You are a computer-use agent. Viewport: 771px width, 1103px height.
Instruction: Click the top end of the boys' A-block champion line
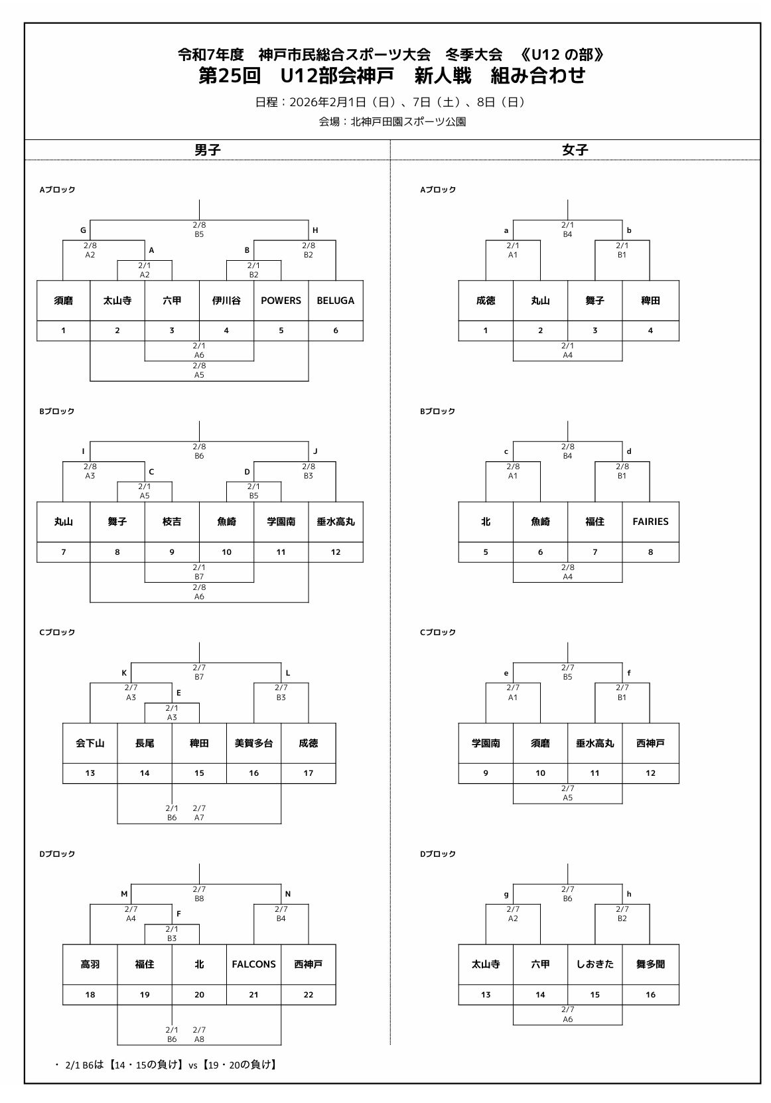point(199,200)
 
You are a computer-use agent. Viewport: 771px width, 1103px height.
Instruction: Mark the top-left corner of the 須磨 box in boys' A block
point(37,281)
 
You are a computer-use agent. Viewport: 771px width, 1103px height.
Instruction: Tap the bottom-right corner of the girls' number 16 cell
point(679,1005)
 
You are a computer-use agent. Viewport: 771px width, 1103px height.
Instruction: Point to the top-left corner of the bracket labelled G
point(90,220)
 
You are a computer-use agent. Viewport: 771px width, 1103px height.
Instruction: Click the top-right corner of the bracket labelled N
point(309,905)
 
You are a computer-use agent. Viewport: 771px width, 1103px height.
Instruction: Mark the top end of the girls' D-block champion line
point(568,863)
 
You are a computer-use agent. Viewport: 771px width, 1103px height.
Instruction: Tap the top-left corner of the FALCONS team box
point(226,944)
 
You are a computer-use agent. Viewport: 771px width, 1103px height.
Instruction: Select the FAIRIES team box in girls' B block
point(650,522)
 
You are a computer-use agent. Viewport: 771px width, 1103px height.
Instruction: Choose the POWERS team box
point(281,301)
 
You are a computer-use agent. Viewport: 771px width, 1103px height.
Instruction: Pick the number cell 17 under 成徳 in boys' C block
point(309,773)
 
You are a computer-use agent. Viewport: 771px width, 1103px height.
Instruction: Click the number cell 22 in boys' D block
point(309,995)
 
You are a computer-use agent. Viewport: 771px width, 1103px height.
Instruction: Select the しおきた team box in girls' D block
point(595,965)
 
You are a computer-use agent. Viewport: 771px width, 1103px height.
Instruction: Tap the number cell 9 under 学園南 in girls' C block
point(486,773)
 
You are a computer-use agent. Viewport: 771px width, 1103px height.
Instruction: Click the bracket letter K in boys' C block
point(124,673)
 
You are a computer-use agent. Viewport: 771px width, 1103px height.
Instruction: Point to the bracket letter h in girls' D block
point(629,894)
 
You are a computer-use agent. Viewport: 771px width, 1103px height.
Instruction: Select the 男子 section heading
point(207,150)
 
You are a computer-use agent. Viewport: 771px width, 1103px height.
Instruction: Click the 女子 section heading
point(575,150)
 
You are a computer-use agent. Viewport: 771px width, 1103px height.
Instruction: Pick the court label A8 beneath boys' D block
point(199,1039)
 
